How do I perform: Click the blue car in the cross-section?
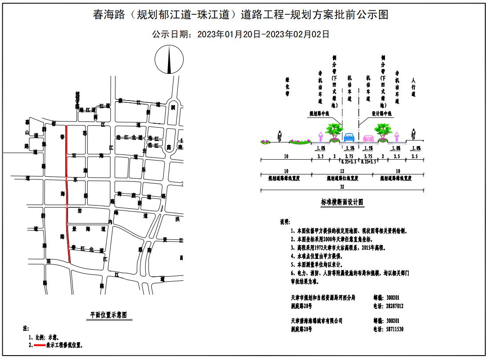[349, 137]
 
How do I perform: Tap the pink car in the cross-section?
[368, 138]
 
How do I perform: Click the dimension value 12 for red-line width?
[342, 171]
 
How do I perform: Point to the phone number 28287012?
[393, 306]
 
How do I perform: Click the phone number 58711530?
[393, 329]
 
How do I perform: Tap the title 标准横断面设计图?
[342, 202]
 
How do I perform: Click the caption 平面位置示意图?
[108, 315]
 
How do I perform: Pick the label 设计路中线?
[381, 114]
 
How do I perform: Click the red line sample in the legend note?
[36, 345]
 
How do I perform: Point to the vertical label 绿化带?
[287, 87]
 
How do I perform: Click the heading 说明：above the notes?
[285, 222]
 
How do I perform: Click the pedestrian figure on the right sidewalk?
[413, 134]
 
